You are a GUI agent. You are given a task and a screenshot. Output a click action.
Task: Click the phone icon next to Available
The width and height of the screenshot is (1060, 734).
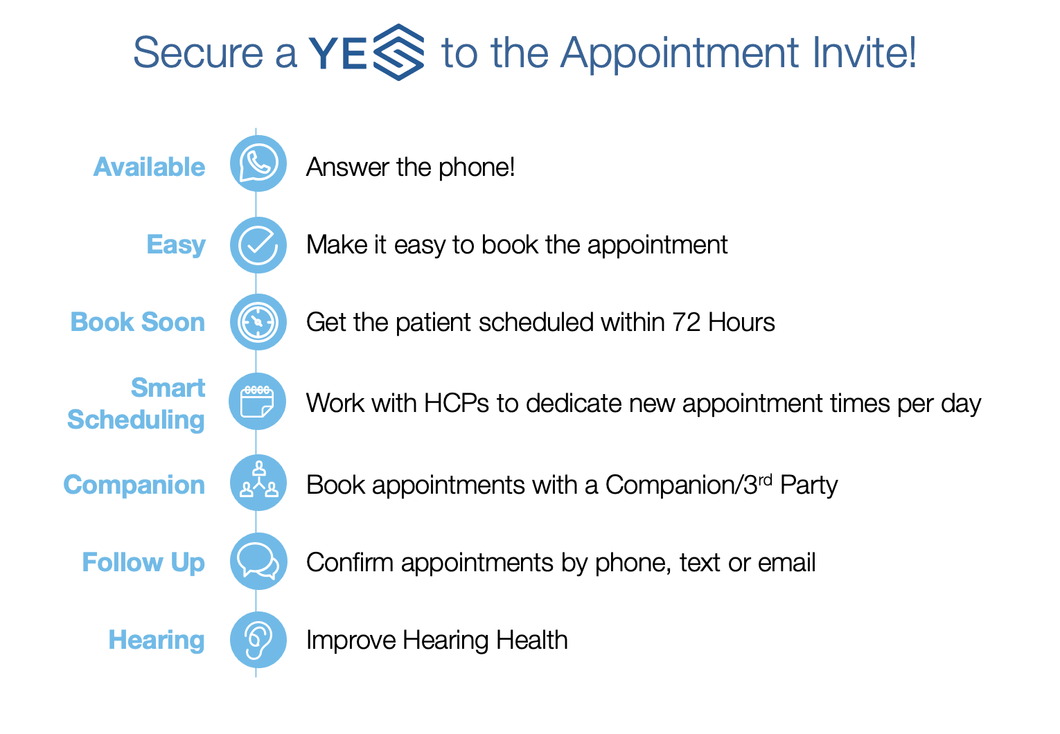258,163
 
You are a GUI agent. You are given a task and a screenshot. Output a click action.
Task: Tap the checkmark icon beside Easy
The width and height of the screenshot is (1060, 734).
258,245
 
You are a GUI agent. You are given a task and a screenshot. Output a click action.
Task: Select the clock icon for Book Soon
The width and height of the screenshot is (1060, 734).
258,322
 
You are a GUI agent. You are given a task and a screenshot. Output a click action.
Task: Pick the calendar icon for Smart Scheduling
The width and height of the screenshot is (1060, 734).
258,402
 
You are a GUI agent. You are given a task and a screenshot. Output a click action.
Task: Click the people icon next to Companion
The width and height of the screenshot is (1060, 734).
258,483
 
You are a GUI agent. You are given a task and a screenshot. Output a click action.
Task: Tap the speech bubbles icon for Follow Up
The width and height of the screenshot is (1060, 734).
259,562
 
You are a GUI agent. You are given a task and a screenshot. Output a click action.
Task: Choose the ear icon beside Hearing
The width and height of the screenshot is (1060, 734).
258,640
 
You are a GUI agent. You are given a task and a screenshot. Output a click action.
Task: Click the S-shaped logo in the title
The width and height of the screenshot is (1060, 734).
399,52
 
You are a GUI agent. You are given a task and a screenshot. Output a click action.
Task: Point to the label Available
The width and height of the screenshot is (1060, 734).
149,167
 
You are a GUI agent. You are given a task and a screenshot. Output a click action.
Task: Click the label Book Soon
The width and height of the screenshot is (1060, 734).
138,322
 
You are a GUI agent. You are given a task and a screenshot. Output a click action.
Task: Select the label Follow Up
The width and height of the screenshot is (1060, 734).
144,563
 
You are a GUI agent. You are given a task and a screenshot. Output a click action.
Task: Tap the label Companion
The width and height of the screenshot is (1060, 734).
134,485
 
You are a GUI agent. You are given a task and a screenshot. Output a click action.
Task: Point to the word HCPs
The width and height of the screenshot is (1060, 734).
457,404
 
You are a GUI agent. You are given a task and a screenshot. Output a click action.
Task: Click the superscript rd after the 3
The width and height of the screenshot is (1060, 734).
765,480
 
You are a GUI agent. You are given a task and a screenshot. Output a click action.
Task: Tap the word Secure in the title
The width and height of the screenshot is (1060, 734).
198,53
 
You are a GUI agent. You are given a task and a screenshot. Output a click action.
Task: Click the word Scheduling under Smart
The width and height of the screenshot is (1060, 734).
136,420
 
